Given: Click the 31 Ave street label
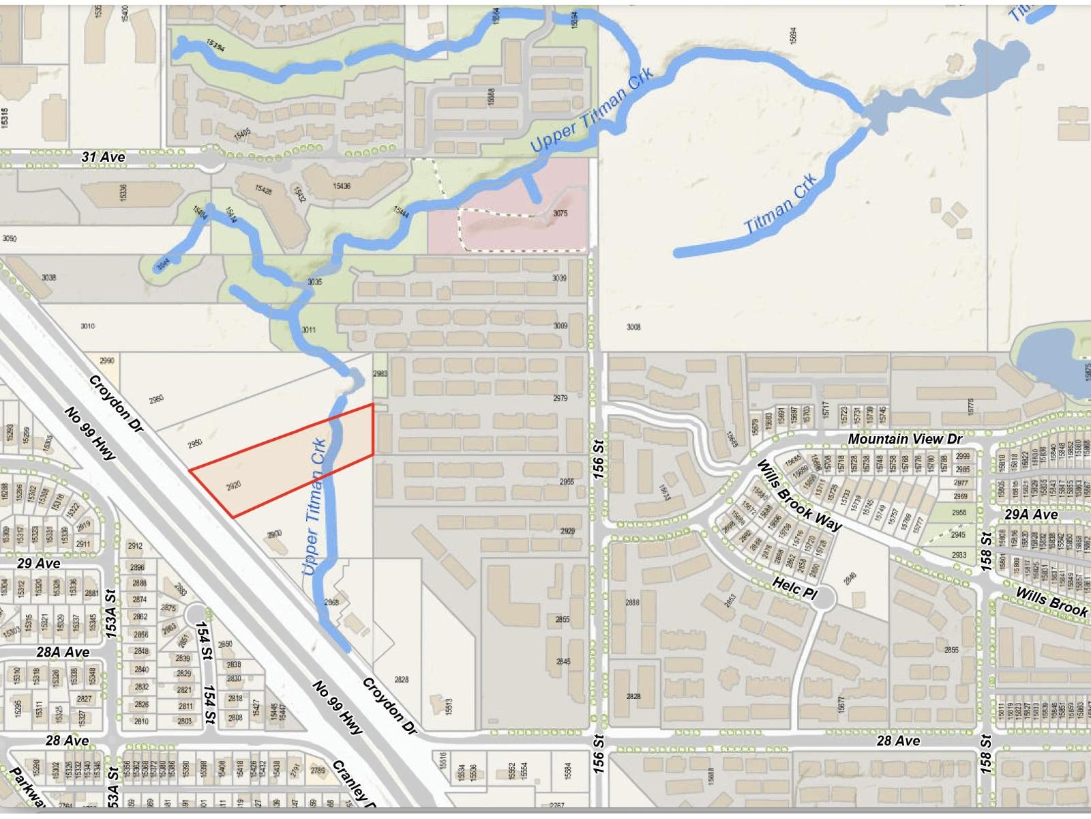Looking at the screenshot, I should (x=104, y=157).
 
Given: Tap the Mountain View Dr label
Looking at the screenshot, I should (x=905, y=439).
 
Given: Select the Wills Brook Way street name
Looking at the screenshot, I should (x=800, y=495).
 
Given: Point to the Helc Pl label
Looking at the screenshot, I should (x=794, y=587).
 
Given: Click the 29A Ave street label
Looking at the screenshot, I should (x=1031, y=514).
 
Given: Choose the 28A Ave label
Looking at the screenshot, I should (x=63, y=652).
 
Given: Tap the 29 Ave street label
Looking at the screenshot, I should (x=38, y=564).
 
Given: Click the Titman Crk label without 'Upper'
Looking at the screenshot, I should (x=781, y=205).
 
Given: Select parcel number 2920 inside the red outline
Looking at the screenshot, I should (x=233, y=485).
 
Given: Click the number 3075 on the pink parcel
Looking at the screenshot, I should (x=560, y=214).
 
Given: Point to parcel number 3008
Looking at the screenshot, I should (x=633, y=327).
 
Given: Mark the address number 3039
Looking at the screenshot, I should (x=559, y=278).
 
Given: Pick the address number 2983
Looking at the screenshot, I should (x=380, y=373).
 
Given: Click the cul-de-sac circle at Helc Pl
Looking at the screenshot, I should (x=824, y=599).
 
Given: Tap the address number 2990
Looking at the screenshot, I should (x=107, y=360).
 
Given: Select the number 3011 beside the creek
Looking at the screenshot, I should (x=308, y=330).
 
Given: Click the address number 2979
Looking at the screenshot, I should (x=560, y=398).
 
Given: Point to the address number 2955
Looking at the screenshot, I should (x=567, y=482).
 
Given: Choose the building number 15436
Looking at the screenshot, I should (x=342, y=186).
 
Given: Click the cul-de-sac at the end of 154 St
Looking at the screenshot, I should (x=196, y=613).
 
